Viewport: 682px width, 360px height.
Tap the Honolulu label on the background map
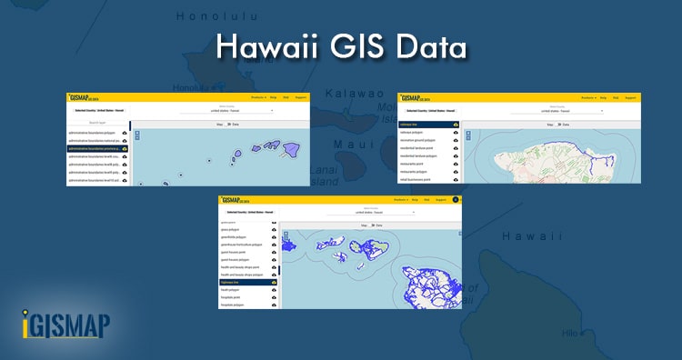click(x=218, y=16)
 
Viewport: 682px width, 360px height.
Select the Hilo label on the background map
click(x=571, y=334)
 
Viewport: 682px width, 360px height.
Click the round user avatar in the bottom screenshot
click(x=456, y=198)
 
